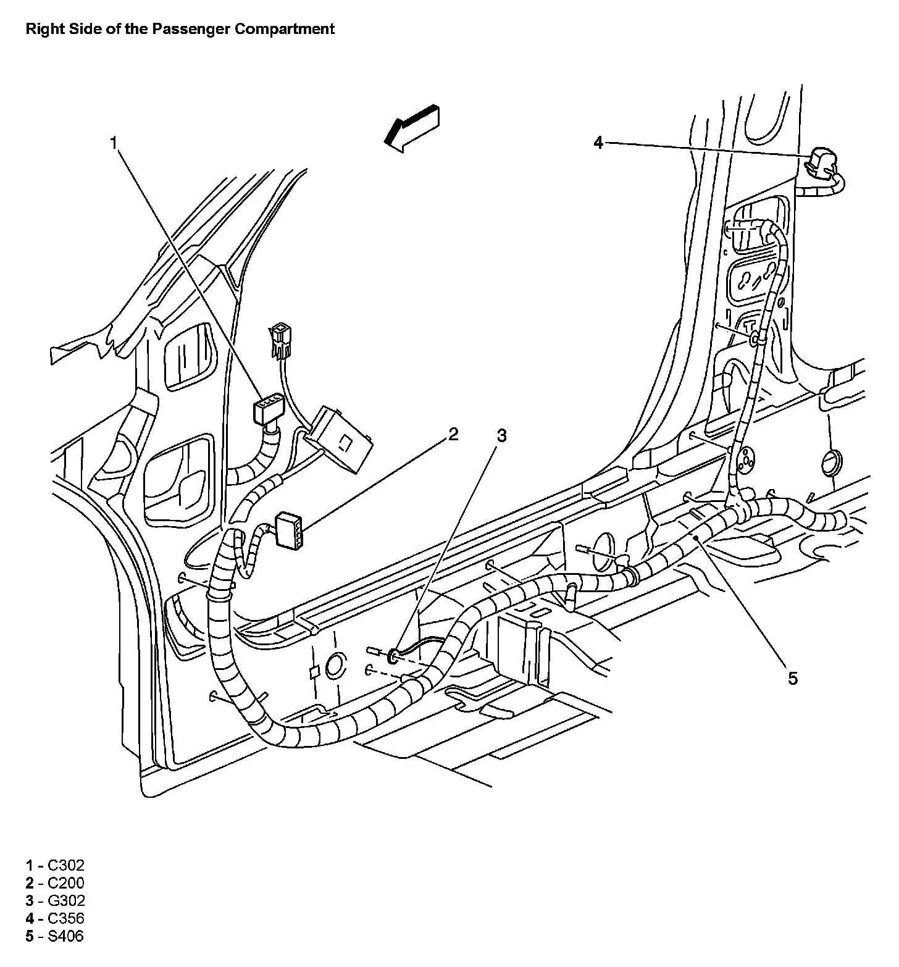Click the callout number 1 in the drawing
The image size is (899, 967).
pyautogui.click(x=113, y=143)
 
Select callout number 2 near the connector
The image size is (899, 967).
pyautogui.click(x=453, y=434)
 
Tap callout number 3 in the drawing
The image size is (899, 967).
pyautogui.click(x=501, y=436)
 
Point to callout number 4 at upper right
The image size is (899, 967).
pyautogui.click(x=598, y=143)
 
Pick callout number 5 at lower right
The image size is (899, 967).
pyautogui.click(x=792, y=679)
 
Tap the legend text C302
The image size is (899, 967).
pyautogui.click(x=66, y=865)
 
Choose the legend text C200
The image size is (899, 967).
pyautogui.click(x=66, y=883)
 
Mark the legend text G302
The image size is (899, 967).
pyautogui.click(x=66, y=901)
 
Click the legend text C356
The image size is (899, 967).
pyautogui.click(x=66, y=919)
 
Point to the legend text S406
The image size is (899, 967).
pyautogui.click(x=65, y=937)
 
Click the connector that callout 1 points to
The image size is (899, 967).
pyautogui.click(x=266, y=410)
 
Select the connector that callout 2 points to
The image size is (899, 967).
pyautogui.click(x=290, y=529)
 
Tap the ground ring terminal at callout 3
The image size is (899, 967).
pyautogui.click(x=393, y=655)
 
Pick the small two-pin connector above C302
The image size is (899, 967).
pyautogui.click(x=278, y=337)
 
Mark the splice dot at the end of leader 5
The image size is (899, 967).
pyautogui.click(x=696, y=538)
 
